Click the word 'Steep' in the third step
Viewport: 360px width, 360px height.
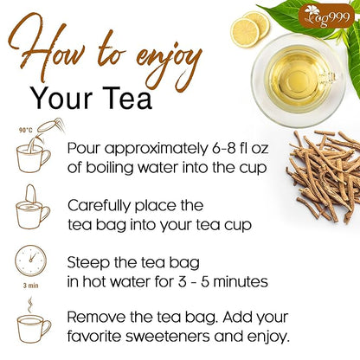coord(89,261)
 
